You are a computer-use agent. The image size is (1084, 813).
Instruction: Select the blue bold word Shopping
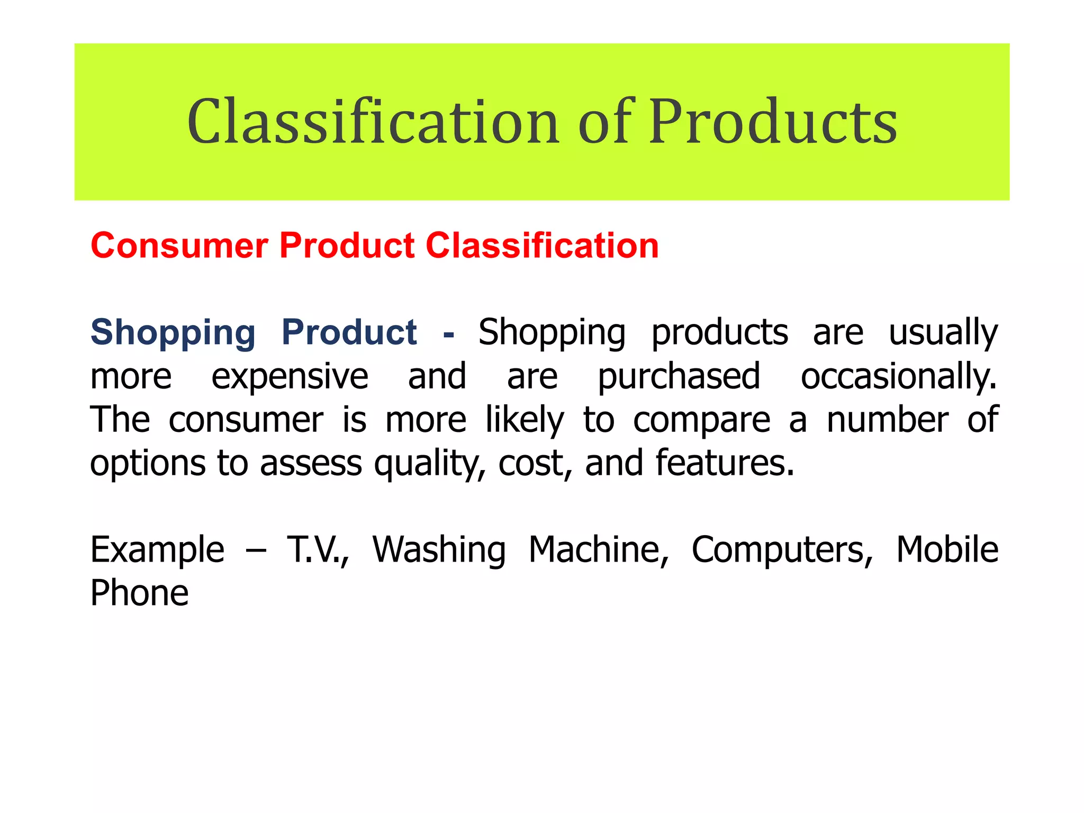coord(173,332)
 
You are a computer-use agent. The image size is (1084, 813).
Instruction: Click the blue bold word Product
coord(349,332)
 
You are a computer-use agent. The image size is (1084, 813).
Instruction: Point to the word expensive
coord(290,376)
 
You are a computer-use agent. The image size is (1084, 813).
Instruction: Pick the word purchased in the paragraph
coord(679,376)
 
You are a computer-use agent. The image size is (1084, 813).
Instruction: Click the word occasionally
coord(898,376)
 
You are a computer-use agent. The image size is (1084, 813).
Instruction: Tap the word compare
coord(701,420)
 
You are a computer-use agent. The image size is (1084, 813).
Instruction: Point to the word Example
coord(157,550)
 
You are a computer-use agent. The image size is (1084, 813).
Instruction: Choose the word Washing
coord(439,550)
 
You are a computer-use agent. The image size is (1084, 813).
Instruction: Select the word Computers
coord(782,550)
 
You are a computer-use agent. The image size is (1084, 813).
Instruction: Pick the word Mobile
coord(947,550)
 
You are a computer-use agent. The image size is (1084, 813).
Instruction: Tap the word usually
coord(943,333)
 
